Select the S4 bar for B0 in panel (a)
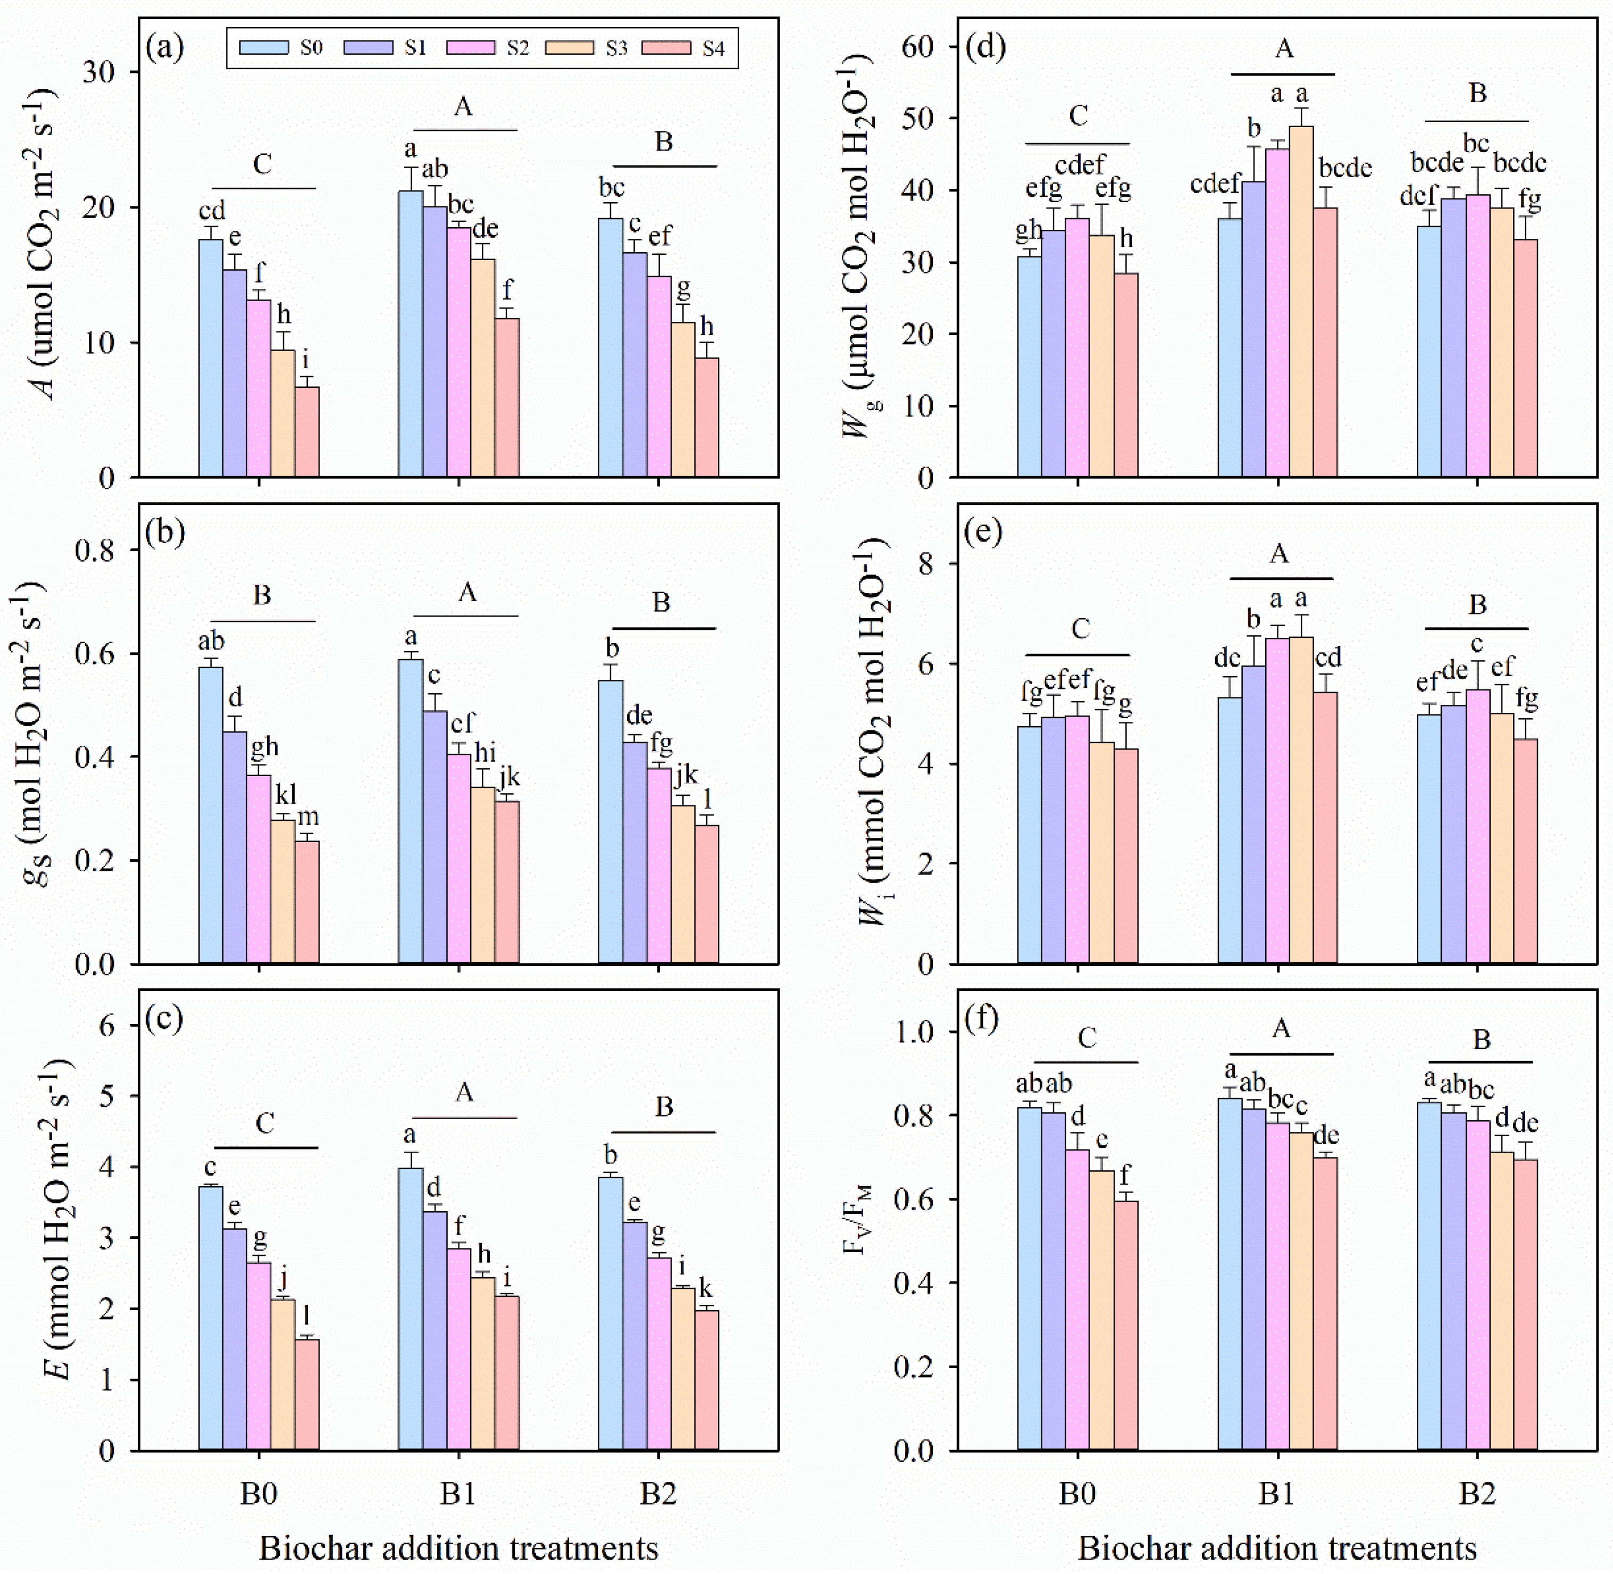point(307,431)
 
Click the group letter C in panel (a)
point(262,164)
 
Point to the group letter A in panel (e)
point(1278,553)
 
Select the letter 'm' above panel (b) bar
point(307,817)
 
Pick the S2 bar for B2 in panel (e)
point(1477,827)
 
